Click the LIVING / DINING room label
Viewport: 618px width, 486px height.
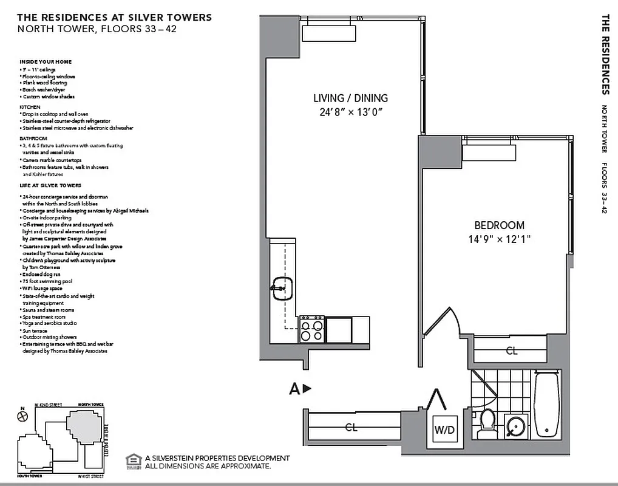coord(350,98)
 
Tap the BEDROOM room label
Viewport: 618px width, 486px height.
coord(499,225)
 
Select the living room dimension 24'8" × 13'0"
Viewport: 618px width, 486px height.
coord(350,112)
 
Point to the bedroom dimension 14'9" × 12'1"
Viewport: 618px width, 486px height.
coord(499,239)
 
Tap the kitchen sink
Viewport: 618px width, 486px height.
coord(282,289)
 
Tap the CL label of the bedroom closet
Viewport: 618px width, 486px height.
coord(511,351)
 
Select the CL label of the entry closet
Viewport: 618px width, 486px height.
coord(351,427)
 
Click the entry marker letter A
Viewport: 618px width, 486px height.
coord(294,389)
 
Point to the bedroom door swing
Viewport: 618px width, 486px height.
coord(443,321)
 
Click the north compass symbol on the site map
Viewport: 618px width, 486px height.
coord(23,416)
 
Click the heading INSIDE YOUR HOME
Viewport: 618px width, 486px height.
coord(46,62)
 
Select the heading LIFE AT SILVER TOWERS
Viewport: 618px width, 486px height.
coord(50,185)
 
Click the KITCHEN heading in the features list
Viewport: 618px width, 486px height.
coord(30,107)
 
